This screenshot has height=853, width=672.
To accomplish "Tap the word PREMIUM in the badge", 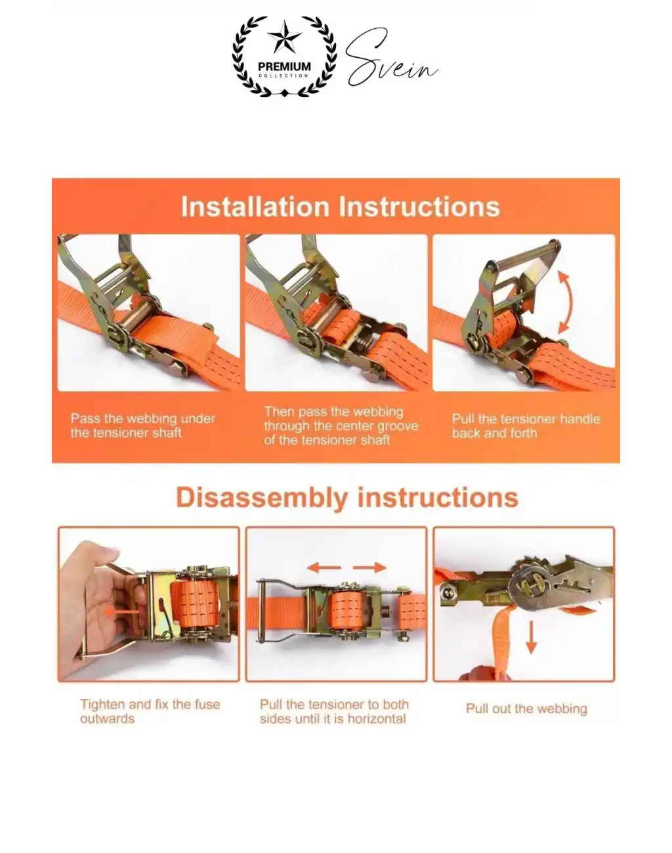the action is pyautogui.click(x=284, y=66).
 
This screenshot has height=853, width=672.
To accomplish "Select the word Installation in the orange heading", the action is pyautogui.click(x=255, y=207).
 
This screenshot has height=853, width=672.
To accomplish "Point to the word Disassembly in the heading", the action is pyautogui.click(x=262, y=498).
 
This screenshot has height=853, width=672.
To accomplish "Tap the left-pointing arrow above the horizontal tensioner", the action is pyautogui.click(x=324, y=568).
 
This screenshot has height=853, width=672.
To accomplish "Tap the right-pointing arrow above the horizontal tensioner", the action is pyautogui.click(x=369, y=568).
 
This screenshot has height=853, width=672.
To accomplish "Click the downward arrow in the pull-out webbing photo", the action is pyautogui.click(x=531, y=637).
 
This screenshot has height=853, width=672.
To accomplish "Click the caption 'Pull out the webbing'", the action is pyautogui.click(x=526, y=709).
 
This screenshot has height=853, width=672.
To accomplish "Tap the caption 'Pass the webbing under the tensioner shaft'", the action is pyautogui.click(x=142, y=425).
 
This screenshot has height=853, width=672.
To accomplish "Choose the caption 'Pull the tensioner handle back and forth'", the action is pyautogui.click(x=526, y=426).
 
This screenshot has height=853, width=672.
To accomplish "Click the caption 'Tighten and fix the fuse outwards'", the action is pyautogui.click(x=150, y=711).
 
